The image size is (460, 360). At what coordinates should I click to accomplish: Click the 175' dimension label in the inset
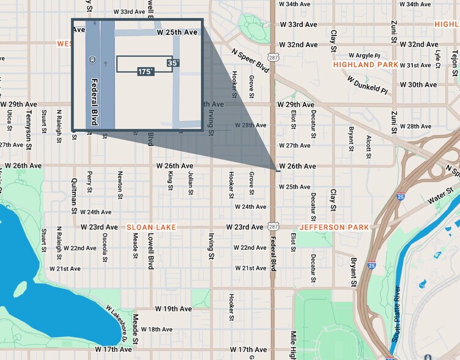[x=146, y=72]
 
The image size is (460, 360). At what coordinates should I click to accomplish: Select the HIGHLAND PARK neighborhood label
[x=365, y=64]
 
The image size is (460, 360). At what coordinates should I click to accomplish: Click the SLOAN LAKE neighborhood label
[x=151, y=227]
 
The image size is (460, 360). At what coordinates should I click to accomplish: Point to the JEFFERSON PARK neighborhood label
[x=335, y=227]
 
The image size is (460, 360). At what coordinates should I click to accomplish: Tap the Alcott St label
[x=369, y=148]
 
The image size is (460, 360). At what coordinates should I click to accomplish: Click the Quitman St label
[x=74, y=193]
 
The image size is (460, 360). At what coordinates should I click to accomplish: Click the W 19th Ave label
[x=173, y=309]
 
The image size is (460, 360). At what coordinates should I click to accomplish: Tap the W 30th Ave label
[x=418, y=84]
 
